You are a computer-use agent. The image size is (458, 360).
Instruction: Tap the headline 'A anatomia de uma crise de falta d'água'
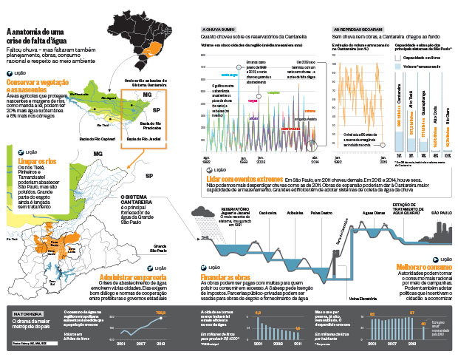[x=36, y=37]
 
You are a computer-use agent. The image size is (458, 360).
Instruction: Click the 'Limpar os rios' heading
[x=33, y=161]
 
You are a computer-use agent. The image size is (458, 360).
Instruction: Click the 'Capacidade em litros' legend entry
[x=423, y=56]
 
